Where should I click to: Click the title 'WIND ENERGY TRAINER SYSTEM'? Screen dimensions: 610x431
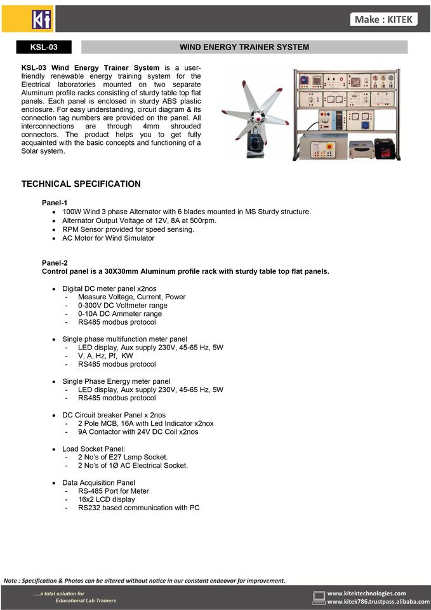[244, 47]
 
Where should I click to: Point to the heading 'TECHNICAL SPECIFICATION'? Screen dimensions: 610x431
[81, 184]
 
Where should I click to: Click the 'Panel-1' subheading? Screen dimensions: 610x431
[55, 203]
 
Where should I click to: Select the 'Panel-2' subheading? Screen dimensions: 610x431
[55, 262]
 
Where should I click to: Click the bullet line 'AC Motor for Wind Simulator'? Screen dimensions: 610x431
[108, 238]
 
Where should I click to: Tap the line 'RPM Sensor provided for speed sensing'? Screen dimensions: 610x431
[128, 229]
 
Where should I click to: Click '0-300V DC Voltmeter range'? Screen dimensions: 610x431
[123, 306]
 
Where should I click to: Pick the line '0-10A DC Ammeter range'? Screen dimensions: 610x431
[120, 314]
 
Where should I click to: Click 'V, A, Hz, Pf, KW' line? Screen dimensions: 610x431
[105, 356]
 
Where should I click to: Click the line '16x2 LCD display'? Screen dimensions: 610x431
[107, 499]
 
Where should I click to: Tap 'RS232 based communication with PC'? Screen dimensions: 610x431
[138, 508]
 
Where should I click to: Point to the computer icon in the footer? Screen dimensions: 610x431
[319, 597]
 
